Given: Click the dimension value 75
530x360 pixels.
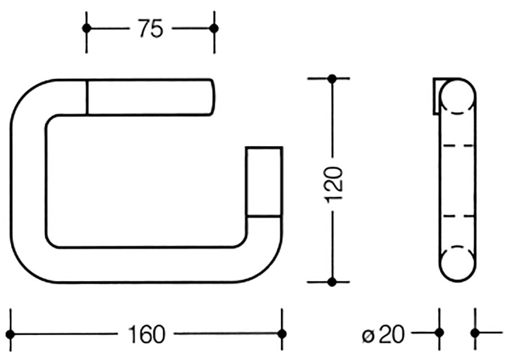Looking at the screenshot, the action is coord(151,29).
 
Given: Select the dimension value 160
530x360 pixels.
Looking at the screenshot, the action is coord(146,334).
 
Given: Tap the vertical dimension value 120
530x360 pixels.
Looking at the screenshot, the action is coord(334,184).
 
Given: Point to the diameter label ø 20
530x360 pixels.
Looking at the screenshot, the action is coord(383,334).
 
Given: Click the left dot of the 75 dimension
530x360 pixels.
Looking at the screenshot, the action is coord(86,28).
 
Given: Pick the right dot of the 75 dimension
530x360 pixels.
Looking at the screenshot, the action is coord(214,29).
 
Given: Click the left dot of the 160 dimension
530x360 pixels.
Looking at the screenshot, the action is coord(11,334).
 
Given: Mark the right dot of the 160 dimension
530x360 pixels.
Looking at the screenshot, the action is coord(282,334).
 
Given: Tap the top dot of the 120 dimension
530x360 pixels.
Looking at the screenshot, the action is coord(332,79).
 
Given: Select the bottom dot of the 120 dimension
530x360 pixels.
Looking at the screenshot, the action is coord(332,281).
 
